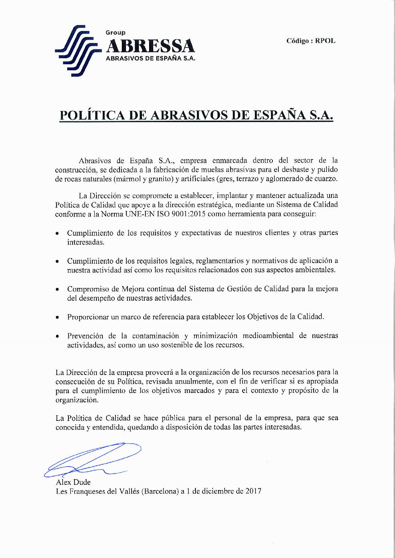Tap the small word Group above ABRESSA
(115, 33)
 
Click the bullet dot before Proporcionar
(57, 317)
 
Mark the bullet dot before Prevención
(57, 336)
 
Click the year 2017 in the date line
(253, 491)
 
